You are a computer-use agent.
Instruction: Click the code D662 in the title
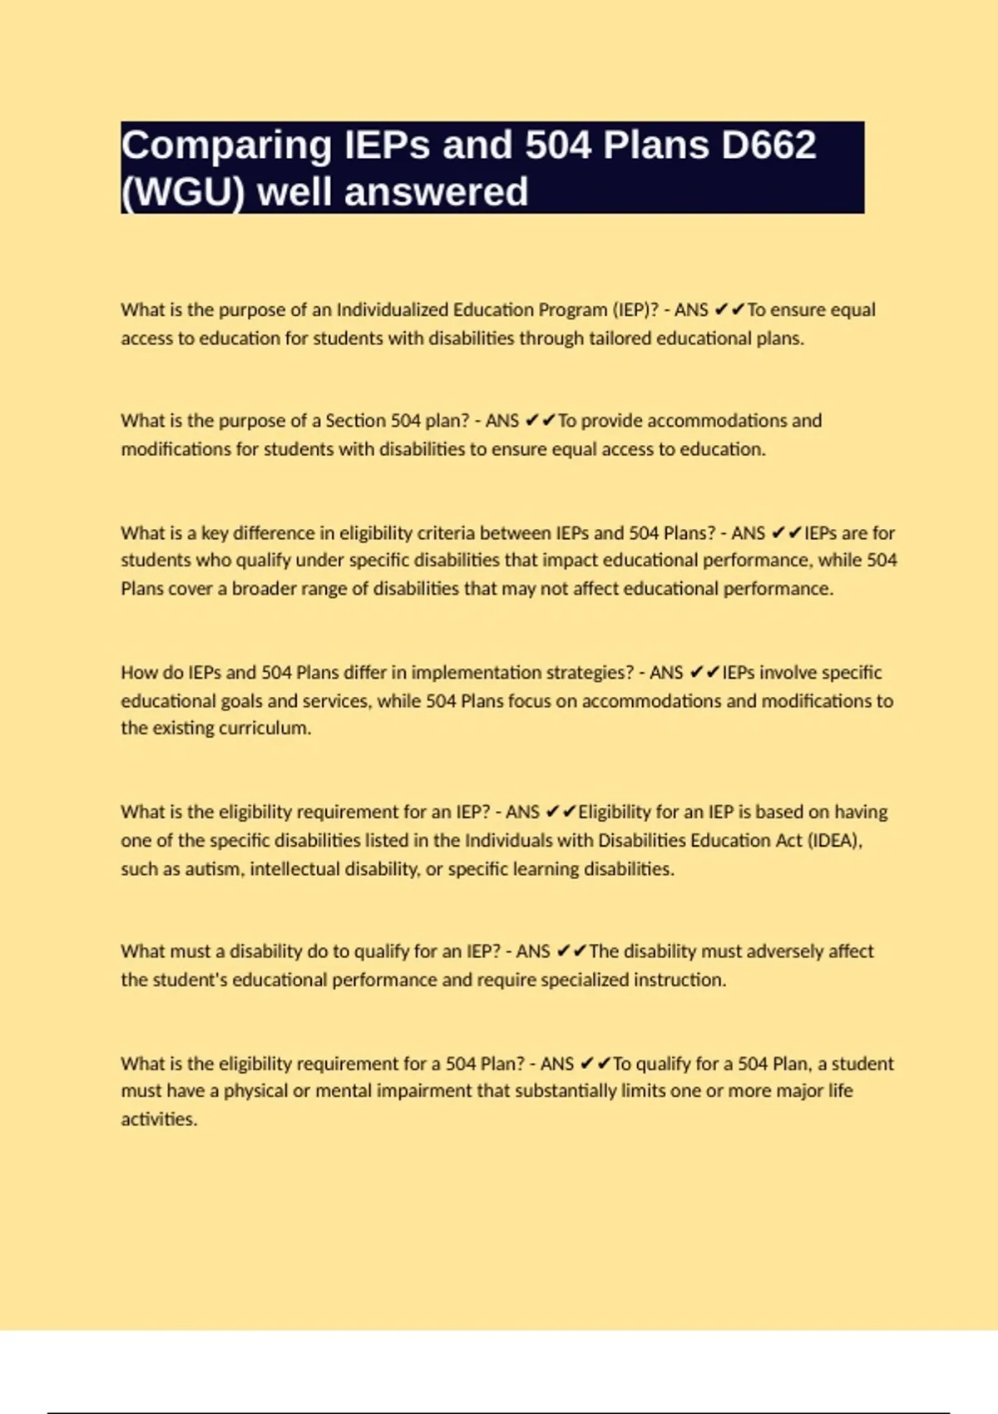pos(768,146)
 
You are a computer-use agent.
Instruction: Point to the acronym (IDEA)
pos(835,841)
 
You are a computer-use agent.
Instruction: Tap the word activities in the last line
pos(158,1120)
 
